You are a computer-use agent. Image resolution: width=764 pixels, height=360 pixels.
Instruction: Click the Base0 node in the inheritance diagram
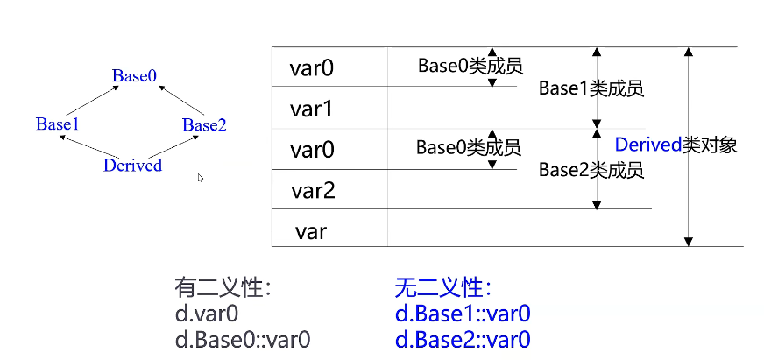(x=134, y=76)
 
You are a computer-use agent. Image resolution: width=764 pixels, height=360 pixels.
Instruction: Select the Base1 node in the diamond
(x=58, y=124)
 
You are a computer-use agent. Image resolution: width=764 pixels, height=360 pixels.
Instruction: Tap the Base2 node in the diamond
(x=204, y=125)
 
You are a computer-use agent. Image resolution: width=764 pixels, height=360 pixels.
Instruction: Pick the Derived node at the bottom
(x=132, y=165)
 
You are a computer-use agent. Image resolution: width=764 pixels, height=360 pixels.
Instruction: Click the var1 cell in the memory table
(x=313, y=109)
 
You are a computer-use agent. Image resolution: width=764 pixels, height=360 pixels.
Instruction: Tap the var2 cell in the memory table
(x=313, y=190)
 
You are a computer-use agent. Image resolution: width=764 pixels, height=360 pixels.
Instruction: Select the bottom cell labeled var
(x=312, y=231)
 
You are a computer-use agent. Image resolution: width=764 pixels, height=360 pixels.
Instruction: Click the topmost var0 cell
(x=313, y=67)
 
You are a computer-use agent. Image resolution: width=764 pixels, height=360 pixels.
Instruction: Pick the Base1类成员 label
(x=591, y=88)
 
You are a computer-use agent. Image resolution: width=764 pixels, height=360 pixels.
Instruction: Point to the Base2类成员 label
(x=591, y=170)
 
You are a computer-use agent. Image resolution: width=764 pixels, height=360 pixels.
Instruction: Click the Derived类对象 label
(x=676, y=145)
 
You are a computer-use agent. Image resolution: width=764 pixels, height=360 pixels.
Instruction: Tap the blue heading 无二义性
(x=442, y=288)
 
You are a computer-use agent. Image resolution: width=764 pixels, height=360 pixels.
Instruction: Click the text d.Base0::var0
(x=242, y=339)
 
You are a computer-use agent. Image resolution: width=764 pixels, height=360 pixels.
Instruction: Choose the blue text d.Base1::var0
(x=463, y=314)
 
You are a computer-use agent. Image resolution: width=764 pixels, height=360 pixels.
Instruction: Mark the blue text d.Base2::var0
(x=463, y=339)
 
